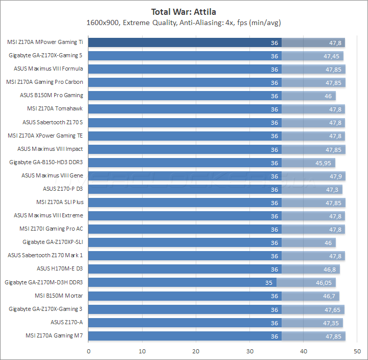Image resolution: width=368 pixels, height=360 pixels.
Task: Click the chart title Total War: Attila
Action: click(184, 11)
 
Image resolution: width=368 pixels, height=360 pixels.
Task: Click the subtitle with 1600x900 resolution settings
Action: click(184, 22)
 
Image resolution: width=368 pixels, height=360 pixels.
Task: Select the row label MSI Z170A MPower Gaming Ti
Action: click(45, 42)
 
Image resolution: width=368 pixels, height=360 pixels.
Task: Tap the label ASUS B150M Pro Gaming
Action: click(51, 95)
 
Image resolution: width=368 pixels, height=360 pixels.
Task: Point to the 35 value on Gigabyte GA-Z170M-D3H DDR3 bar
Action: click(269, 282)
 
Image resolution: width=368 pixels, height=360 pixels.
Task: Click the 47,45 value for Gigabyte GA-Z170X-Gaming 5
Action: click(332, 56)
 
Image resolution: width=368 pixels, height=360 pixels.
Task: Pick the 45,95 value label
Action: click(324, 163)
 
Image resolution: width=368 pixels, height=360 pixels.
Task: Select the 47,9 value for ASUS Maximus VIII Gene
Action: click(335, 176)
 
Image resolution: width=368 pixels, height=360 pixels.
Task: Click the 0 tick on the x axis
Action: click(88, 351)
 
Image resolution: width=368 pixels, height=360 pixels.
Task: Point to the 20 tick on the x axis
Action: click(196, 351)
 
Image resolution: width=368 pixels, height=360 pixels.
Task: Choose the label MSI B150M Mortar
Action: click(59, 296)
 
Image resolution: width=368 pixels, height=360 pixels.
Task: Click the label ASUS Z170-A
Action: click(66, 322)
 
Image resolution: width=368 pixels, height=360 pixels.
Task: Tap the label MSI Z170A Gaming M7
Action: click(54, 335)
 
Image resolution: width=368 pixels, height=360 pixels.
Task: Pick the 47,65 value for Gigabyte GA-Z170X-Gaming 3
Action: click(333, 309)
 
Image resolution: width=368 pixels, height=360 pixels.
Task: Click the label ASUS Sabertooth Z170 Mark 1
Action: click(45, 256)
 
